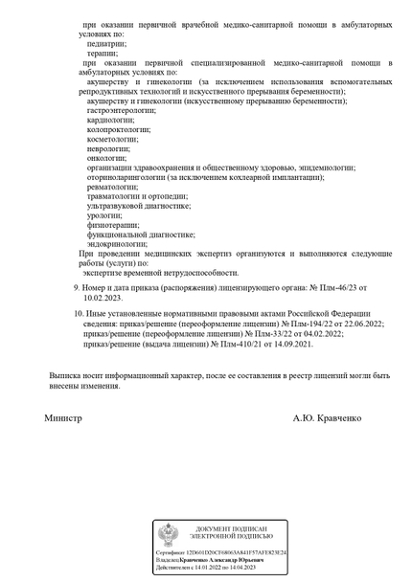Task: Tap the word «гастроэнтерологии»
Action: [121, 111]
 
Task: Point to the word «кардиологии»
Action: [108, 121]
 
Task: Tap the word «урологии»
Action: [103, 215]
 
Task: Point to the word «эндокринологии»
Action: [116, 244]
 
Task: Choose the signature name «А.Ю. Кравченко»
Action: [329, 418]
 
